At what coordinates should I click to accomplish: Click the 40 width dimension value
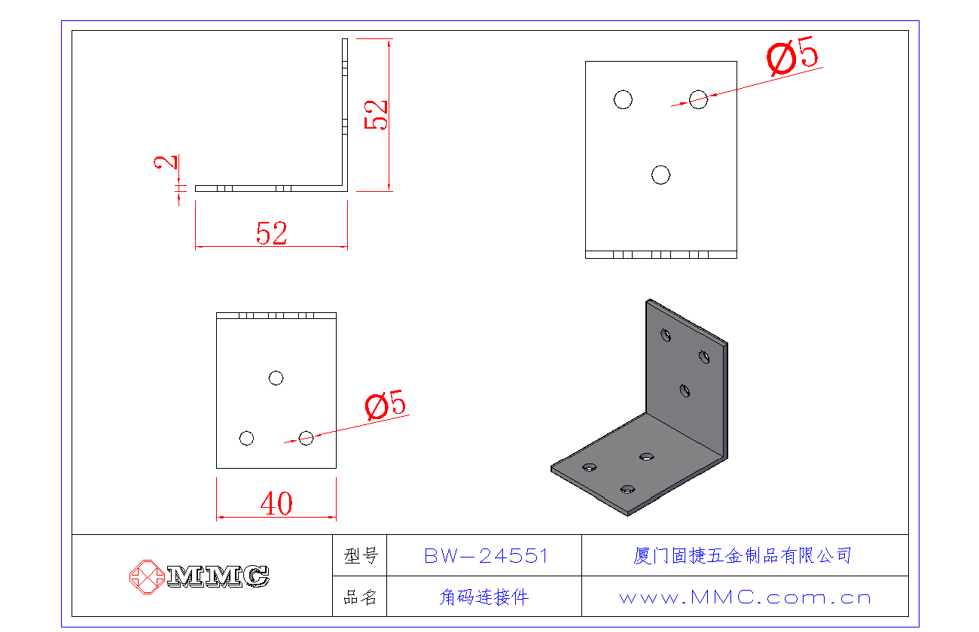tap(276, 503)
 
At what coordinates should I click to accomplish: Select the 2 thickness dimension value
tap(168, 162)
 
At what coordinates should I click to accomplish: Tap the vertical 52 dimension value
tap(377, 115)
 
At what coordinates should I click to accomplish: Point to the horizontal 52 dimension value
tap(272, 234)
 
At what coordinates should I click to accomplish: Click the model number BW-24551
tap(486, 556)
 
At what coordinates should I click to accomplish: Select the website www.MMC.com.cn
tap(745, 598)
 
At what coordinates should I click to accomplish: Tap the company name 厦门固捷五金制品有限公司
tap(743, 556)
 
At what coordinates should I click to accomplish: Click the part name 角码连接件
tap(484, 598)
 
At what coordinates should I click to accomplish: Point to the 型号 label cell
tap(360, 556)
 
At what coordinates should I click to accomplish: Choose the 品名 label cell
tap(360, 598)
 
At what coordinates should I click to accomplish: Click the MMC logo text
tap(218, 576)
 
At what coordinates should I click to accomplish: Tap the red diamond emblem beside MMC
tap(147, 576)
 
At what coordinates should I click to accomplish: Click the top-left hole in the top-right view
tap(623, 99)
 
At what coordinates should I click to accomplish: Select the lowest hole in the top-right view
tap(660, 175)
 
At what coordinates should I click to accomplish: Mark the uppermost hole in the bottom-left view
tap(276, 378)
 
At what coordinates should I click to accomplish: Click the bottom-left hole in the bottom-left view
tap(246, 438)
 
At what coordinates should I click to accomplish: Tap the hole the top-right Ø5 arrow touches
tap(698, 99)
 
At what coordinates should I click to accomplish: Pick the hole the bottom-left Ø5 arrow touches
tap(306, 438)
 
